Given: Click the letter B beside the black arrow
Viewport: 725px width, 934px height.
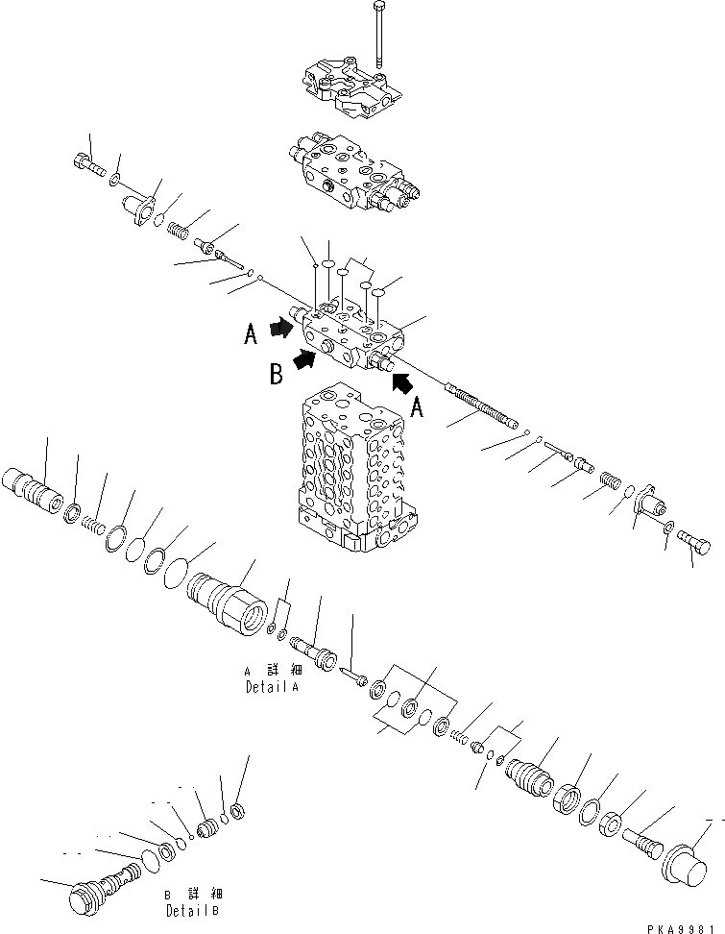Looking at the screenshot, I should click(276, 375).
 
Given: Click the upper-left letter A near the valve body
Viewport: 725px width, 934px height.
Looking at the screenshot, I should click(251, 335).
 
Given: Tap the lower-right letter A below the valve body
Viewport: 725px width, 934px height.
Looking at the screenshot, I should click(419, 407).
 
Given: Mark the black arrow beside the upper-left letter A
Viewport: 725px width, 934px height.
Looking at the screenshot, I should click(280, 329).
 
